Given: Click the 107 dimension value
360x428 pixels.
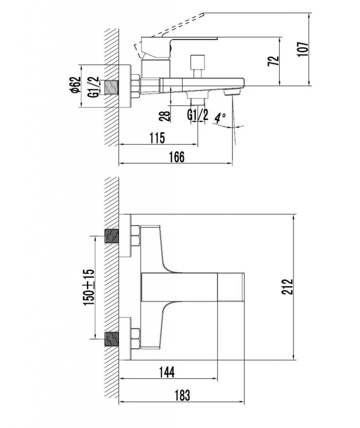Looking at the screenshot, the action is (303, 49).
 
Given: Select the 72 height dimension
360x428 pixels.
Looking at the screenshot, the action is (274, 61).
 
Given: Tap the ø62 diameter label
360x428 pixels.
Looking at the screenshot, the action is (75, 85).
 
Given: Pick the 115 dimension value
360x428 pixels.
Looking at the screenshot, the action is (158, 138).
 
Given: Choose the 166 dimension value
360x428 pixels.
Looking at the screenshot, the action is (177, 157).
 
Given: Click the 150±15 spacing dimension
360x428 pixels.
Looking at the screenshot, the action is (89, 287).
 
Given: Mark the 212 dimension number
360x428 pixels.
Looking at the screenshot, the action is (287, 287).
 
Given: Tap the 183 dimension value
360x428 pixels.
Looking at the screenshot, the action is (182, 395).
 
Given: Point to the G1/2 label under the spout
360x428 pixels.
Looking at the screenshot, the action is (198, 115).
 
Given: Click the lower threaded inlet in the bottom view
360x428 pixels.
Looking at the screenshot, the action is (112, 339).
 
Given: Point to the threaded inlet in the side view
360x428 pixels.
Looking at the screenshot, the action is (112, 87).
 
